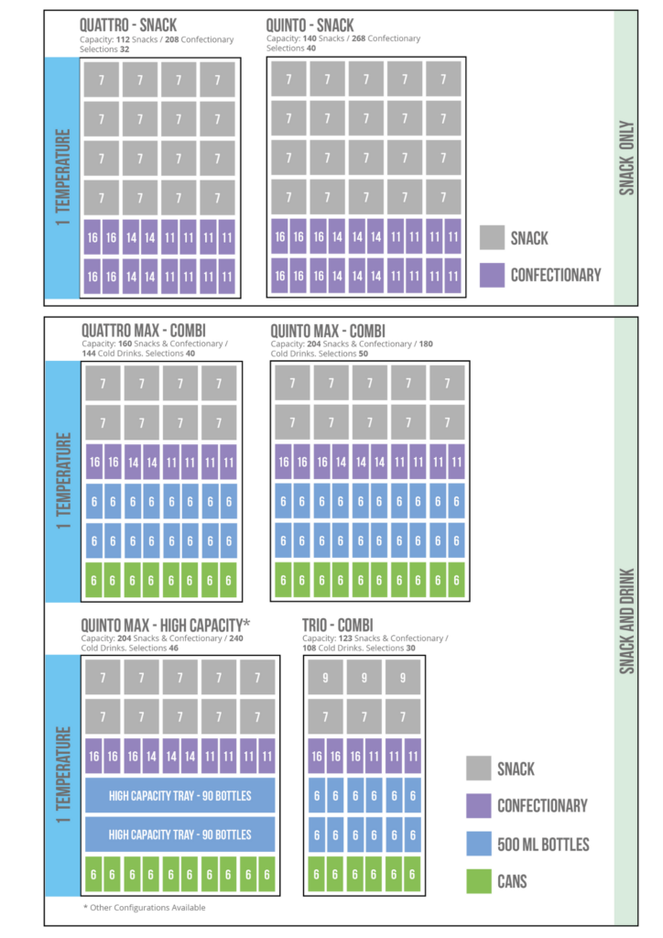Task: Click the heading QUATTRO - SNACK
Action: click(128, 25)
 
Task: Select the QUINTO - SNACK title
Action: click(310, 25)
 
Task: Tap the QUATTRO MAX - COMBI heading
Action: click(144, 330)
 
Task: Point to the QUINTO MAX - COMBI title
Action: click(327, 330)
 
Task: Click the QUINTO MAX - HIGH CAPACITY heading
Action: click(166, 624)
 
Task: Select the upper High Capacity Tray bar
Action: click(179, 795)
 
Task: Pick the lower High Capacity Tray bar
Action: click(179, 834)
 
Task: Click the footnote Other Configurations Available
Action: click(144, 908)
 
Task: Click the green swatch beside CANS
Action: click(478, 881)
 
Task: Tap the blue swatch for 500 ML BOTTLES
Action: click(478, 844)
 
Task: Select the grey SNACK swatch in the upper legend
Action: click(492, 238)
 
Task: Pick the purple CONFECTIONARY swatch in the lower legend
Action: click(478, 806)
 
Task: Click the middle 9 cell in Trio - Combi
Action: click(364, 678)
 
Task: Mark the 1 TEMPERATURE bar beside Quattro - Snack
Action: click(62, 177)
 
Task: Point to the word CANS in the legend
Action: click(512, 882)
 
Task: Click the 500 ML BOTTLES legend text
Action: click(543, 845)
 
